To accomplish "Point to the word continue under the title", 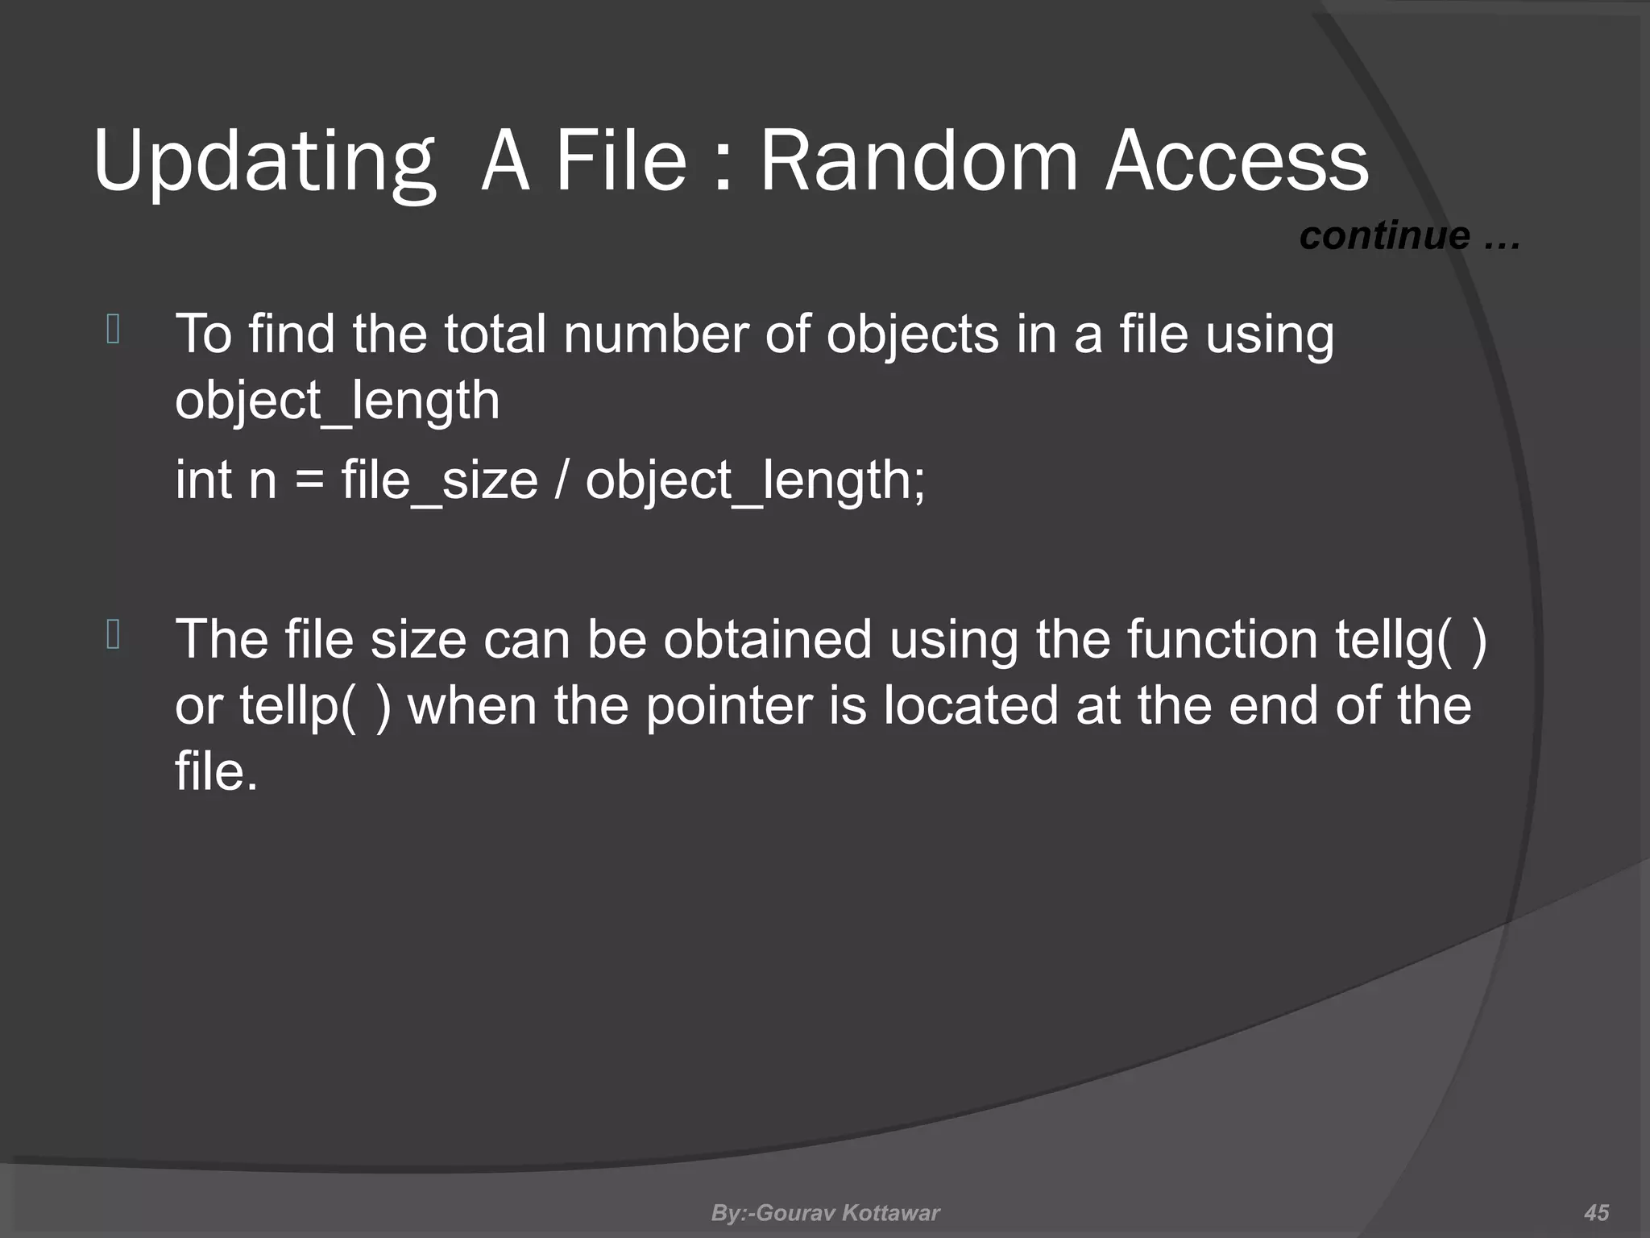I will (1384, 235).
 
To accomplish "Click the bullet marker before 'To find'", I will (113, 330).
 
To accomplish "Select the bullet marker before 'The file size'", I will (113, 635).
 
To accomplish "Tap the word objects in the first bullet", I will (912, 334).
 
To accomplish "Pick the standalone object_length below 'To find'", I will (337, 401).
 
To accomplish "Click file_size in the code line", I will (439, 480).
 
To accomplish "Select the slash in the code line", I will (561, 480).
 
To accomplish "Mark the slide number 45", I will (1596, 1213).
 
